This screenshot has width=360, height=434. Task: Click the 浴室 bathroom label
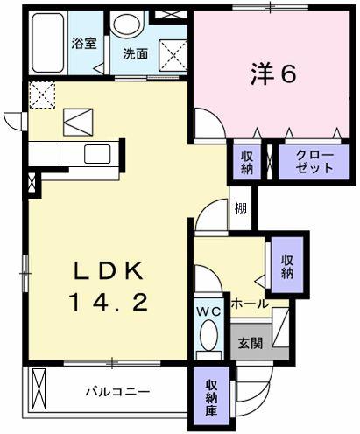(84, 44)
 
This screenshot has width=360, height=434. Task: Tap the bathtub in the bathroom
(48, 42)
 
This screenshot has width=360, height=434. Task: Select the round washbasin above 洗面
(128, 24)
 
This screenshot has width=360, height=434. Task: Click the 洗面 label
(135, 54)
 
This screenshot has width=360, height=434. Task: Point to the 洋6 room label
(273, 73)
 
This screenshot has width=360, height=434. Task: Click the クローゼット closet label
(314, 162)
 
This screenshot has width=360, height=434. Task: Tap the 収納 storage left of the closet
(247, 162)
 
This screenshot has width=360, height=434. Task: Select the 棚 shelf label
(241, 208)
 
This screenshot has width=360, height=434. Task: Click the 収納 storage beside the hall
(287, 266)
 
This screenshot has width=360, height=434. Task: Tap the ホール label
(250, 304)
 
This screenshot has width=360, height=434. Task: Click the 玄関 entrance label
(251, 343)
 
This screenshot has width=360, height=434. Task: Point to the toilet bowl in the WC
(208, 334)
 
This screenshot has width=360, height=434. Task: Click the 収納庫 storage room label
(211, 398)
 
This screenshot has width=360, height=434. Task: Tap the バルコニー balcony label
(117, 392)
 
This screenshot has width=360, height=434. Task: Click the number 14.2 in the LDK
(109, 303)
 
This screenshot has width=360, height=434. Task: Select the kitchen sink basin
(97, 154)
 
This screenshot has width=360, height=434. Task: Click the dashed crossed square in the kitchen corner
(42, 95)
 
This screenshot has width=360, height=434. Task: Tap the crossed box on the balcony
(39, 389)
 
